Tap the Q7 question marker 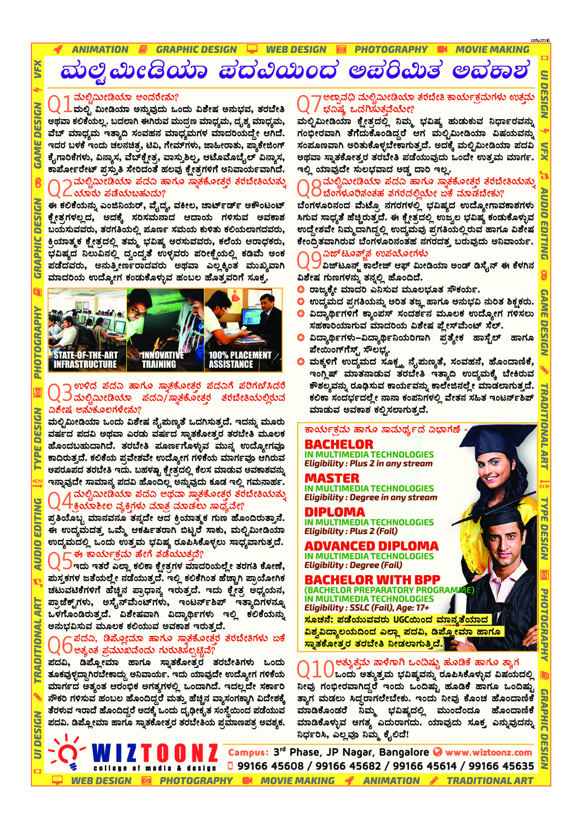point(309,103)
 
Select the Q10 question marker point(315,668)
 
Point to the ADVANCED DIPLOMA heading point(371,546)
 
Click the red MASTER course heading point(332,478)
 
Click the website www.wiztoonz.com point(489,752)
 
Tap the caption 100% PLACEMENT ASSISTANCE point(240,359)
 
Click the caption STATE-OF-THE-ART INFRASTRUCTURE point(85,359)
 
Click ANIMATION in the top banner point(100,49)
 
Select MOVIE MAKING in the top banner point(492,49)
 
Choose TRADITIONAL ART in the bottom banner point(489,781)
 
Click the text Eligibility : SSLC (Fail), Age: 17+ point(367,608)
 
